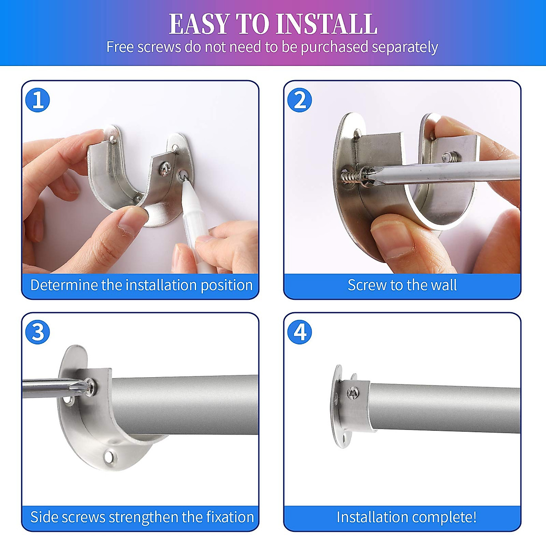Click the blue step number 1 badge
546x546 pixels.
(x=37, y=100)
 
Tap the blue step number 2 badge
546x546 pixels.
(x=299, y=100)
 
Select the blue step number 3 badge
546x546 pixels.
(x=37, y=332)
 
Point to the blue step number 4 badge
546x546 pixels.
(x=299, y=332)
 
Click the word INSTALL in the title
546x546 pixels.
(x=326, y=25)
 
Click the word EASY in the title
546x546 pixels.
(x=199, y=25)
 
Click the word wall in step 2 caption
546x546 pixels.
(x=444, y=285)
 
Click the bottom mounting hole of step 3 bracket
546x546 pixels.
(x=109, y=456)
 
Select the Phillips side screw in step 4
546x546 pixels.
(x=352, y=393)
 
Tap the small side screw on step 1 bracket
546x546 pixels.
(x=164, y=169)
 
